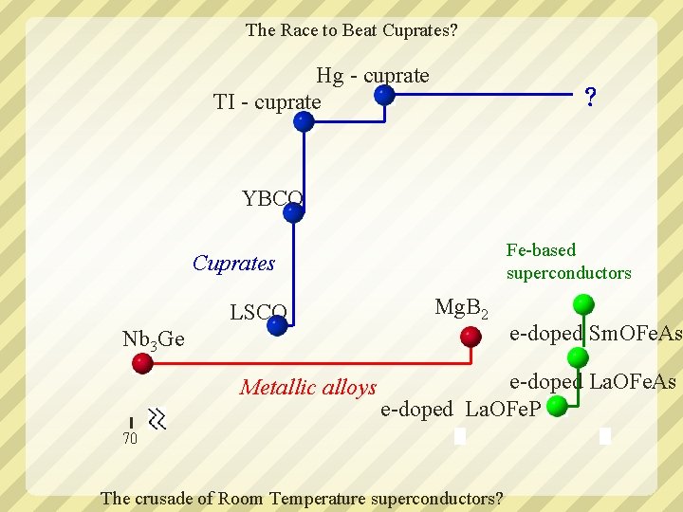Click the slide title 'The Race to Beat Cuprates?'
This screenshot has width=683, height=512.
tap(351, 30)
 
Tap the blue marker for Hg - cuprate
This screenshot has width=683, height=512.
tap(384, 95)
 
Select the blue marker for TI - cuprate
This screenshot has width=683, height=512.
tap(303, 121)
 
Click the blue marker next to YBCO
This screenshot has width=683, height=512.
tap(293, 212)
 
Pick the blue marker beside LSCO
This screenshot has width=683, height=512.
tap(277, 326)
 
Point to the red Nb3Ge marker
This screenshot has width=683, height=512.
tap(142, 362)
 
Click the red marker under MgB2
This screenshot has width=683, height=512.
tap(471, 336)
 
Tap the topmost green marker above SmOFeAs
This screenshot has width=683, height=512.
tap(584, 304)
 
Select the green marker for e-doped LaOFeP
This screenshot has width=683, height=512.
tap(558, 406)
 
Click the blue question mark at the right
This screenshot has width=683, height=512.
tap(590, 97)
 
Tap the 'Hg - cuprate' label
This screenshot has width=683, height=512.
tap(373, 76)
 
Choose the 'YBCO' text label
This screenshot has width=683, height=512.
tap(272, 199)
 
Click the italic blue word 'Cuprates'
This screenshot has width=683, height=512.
tap(233, 264)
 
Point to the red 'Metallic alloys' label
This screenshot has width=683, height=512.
tap(308, 387)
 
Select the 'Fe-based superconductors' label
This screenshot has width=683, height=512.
tap(568, 262)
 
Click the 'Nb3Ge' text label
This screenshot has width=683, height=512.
tap(154, 339)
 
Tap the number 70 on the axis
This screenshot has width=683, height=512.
tap(130, 438)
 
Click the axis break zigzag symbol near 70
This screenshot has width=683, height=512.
tap(157, 419)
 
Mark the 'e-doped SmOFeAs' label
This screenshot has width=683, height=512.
tap(596, 334)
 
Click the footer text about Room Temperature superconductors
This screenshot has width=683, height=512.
tap(302, 499)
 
